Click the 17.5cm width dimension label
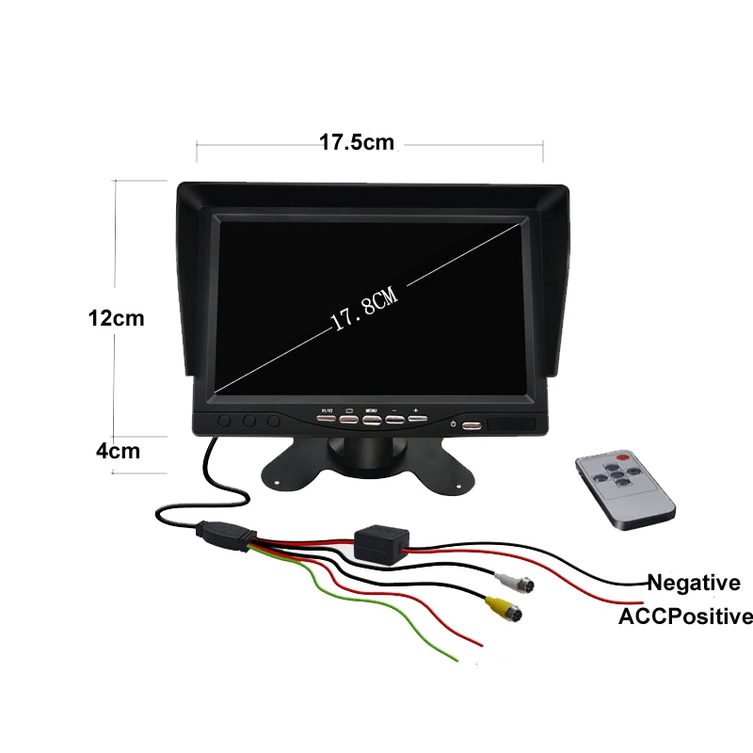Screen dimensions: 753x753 click(x=355, y=143)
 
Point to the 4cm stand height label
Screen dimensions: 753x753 click(x=119, y=450)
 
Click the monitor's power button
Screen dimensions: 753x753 click(x=470, y=425)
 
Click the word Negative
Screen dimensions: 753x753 click(x=693, y=584)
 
